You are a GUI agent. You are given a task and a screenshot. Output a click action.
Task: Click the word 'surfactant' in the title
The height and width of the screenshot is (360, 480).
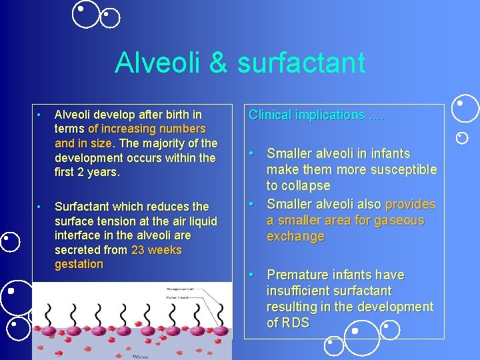point(301,63)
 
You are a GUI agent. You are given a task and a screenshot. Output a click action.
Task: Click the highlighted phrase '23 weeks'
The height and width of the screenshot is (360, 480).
point(157,250)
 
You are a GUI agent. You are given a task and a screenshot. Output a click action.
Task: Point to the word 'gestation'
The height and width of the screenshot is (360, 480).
point(79,264)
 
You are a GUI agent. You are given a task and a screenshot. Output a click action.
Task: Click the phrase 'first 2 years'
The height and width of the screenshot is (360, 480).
point(87,172)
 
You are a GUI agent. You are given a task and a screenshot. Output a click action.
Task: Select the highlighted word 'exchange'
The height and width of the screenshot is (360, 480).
point(295,237)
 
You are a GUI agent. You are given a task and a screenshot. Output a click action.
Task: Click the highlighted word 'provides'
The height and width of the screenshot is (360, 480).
point(410,204)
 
